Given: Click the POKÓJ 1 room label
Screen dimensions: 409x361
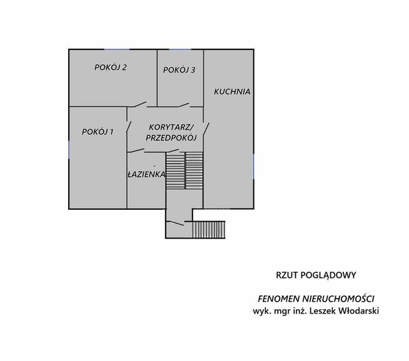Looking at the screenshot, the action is [98, 132].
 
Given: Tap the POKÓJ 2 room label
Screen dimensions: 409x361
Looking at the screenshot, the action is [111, 67].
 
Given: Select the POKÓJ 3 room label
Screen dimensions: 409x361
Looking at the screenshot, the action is [179, 70].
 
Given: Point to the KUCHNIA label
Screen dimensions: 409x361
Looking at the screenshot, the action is [232, 92].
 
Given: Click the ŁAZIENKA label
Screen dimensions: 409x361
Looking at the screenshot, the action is [146, 174].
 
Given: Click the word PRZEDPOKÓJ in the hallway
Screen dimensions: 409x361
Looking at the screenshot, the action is [171, 137].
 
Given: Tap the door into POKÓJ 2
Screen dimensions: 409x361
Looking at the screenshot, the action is [140, 104].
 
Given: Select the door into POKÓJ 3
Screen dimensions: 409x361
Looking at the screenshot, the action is [183, 105].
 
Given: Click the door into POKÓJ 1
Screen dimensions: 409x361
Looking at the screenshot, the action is [129, 127].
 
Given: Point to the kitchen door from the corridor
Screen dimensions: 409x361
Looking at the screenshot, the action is [206, 129].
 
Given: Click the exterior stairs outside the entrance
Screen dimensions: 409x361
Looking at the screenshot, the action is [209, 229].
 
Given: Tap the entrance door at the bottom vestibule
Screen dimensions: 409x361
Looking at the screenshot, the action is [175, 223].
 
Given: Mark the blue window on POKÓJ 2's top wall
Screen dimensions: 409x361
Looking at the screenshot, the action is [117, 49].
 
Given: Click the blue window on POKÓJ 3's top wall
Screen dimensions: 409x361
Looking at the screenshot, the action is [180, 49].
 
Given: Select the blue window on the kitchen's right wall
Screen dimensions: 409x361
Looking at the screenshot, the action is [253, 166].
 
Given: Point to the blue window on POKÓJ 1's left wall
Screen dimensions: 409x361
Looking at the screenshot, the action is [69, 150].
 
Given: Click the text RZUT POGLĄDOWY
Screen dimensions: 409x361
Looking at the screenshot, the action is [316, 275].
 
